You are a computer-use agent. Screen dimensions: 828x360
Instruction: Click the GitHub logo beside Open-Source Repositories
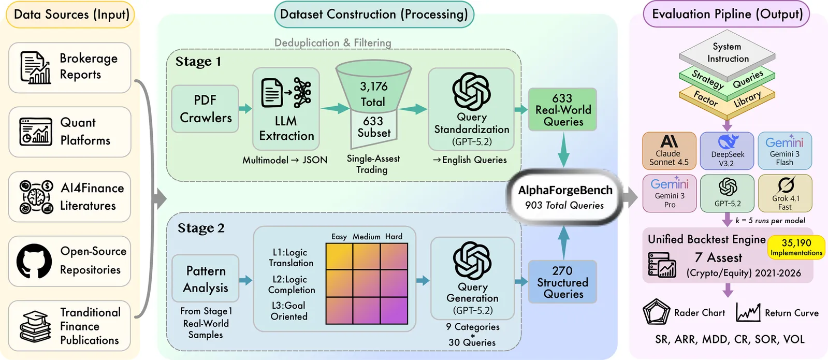click(x=34, y=261)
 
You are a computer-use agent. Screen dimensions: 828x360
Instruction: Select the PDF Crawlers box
click(x=205, y=109)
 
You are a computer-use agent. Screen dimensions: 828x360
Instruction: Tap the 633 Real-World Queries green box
click(x=562, y=110)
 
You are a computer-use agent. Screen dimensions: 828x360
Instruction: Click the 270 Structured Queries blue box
click(x=562, y=282)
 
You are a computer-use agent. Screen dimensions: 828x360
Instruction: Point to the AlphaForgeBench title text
click(x=565, y=190)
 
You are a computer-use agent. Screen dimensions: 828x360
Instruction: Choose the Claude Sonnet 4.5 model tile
click(x=669, y=151)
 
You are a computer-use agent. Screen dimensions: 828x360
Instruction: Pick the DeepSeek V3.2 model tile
click(x=727, y=151)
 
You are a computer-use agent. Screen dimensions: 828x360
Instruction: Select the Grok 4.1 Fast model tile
click(x=785, y=193)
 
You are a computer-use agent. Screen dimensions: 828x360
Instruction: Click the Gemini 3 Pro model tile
click(x=670, y=193)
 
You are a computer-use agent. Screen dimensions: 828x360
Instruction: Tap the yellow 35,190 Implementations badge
click(x=796, y=247)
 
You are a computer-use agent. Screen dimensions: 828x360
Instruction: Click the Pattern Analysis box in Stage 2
click(x=206, y=279)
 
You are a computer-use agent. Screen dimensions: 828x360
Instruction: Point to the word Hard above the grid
click(x=394, y=237)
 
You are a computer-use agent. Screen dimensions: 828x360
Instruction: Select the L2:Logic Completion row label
click(x=292, y=284)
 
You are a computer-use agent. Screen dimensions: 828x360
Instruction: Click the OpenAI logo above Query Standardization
click(x=471, y=91)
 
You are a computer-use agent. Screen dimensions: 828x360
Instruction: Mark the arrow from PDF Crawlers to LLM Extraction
click(x=245, y=109)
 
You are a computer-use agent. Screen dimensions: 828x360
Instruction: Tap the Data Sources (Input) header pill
click(x=70, y=15)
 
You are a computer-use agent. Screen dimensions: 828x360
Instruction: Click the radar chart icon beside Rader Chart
click(x=656, y=312)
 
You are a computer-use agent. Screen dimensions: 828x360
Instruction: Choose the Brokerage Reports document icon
click(x=36, y=67)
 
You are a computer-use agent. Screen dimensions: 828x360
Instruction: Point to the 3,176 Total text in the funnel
click(x=373, y=94)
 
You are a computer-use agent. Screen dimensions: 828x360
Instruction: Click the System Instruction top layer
click(x=727, y=52)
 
